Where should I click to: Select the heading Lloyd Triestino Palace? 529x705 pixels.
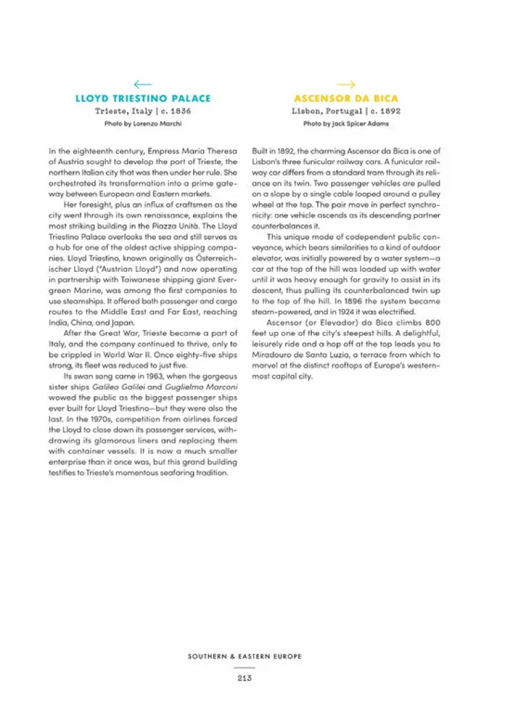(x=143, y=98)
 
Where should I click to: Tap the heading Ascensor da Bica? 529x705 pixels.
(x=346, y=98)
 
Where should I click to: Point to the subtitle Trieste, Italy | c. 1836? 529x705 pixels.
(x=143, y=111)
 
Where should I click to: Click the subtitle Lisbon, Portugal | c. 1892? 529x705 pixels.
(x=346, y=111)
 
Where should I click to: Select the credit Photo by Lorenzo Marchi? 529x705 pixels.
(x=143, y=124)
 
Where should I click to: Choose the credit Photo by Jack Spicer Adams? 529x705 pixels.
(x=346, y=124)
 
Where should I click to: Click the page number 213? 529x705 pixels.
(x=245, y=678)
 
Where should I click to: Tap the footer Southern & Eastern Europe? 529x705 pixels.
(x=245, y=656)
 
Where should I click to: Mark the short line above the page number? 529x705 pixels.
(x=245, y=667)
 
